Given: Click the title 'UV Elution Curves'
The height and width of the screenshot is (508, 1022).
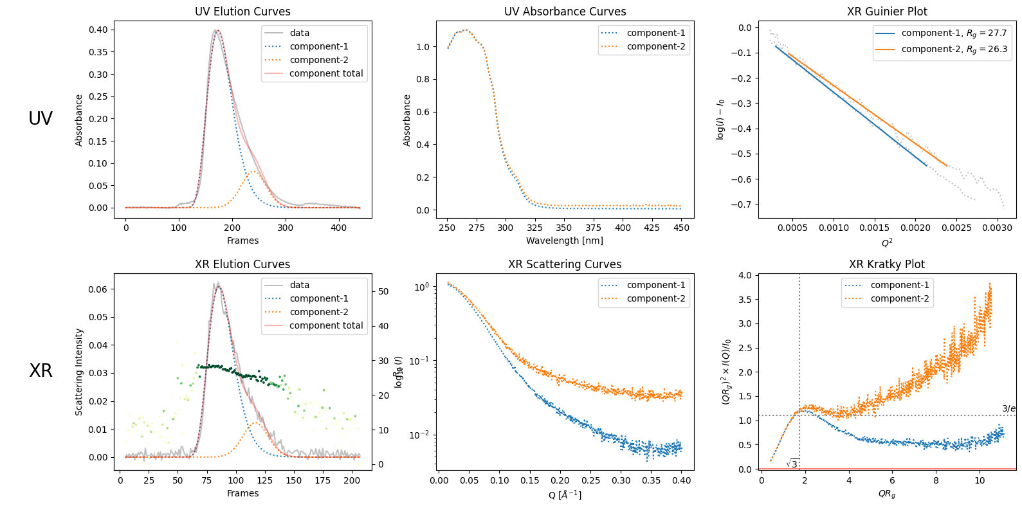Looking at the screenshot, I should pyautogui.click(x=242, y=12).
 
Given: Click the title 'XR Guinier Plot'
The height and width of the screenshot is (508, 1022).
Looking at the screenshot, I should pyautogui.click(x=887, y=12).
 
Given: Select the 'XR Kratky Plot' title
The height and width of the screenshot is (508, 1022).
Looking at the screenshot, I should pyautogui.click(x=886, y=264).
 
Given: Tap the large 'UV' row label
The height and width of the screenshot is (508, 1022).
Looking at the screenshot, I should pyautogui.click(x=41, y=118).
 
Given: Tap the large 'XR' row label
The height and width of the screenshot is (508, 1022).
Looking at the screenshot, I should pyautogui.click(x=41, y=370).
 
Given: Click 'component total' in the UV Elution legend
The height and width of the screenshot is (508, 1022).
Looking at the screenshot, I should pyautogui.click(x=326, y=73).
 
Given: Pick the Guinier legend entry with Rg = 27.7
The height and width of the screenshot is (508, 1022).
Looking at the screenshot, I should pyautogui.click(x=954, y=33).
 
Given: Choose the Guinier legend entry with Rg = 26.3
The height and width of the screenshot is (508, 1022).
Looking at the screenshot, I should pyautogui.click(x=954, y=49).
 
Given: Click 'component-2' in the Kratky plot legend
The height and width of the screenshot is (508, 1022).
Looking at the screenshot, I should pyautogui.click(x=899, y=298).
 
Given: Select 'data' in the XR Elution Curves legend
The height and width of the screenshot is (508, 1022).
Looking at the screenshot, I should pyautogui.click(x=299, y=285).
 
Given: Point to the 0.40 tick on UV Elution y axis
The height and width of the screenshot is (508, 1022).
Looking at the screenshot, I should pyautogui.click(x=98, y=30).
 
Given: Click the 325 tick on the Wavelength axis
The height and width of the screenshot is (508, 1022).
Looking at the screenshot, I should pyautogui.click(x=534, y=227).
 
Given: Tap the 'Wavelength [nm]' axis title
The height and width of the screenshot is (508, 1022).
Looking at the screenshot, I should pyautogui.click(x=565, y=240).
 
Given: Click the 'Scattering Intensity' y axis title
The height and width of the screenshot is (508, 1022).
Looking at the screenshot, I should pyautogui.click(x=79, y=372).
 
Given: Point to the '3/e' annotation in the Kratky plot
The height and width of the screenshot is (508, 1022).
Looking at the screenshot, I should pyautogui.click(x=1008, y=408).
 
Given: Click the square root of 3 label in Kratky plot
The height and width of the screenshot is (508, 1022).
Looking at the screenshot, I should pyautogui.click(x=792, y=464).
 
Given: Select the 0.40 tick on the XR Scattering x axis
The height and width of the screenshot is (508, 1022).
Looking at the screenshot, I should pyautogui.click(x=682, y=480).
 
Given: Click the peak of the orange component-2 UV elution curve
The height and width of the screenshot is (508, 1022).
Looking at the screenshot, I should pyautogui.click(x=253, y=171).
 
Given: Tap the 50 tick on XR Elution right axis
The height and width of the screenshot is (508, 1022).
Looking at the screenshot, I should pyautogui.click(x=383, y=291).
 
